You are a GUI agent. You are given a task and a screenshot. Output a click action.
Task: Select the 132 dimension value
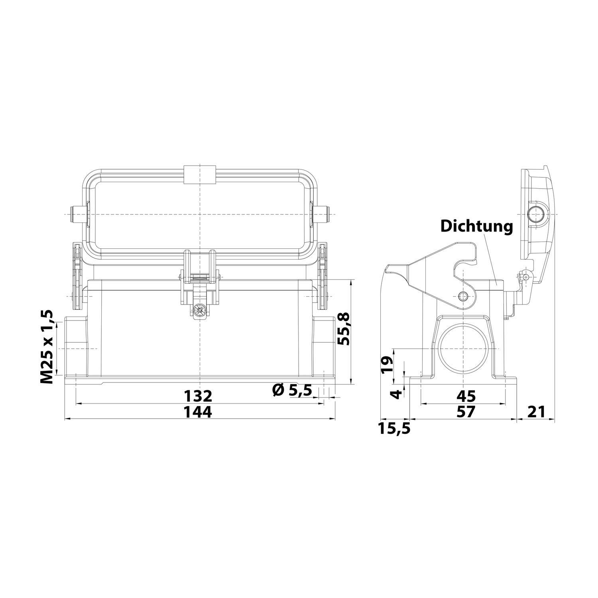click(198, 396)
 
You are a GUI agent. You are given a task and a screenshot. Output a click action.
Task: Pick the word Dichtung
click(476, 226)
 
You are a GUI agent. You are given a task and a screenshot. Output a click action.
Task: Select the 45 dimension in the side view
click(466, 396)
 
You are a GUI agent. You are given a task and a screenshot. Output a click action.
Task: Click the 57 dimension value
click(466, 412)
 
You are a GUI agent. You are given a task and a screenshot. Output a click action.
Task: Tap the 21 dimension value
click(536, 411)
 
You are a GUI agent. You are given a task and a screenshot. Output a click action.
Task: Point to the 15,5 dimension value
click(395, 429)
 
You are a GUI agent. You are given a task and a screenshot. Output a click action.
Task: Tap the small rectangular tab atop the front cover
click(199, 174)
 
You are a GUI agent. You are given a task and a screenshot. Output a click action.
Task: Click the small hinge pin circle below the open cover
click(526, 276)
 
